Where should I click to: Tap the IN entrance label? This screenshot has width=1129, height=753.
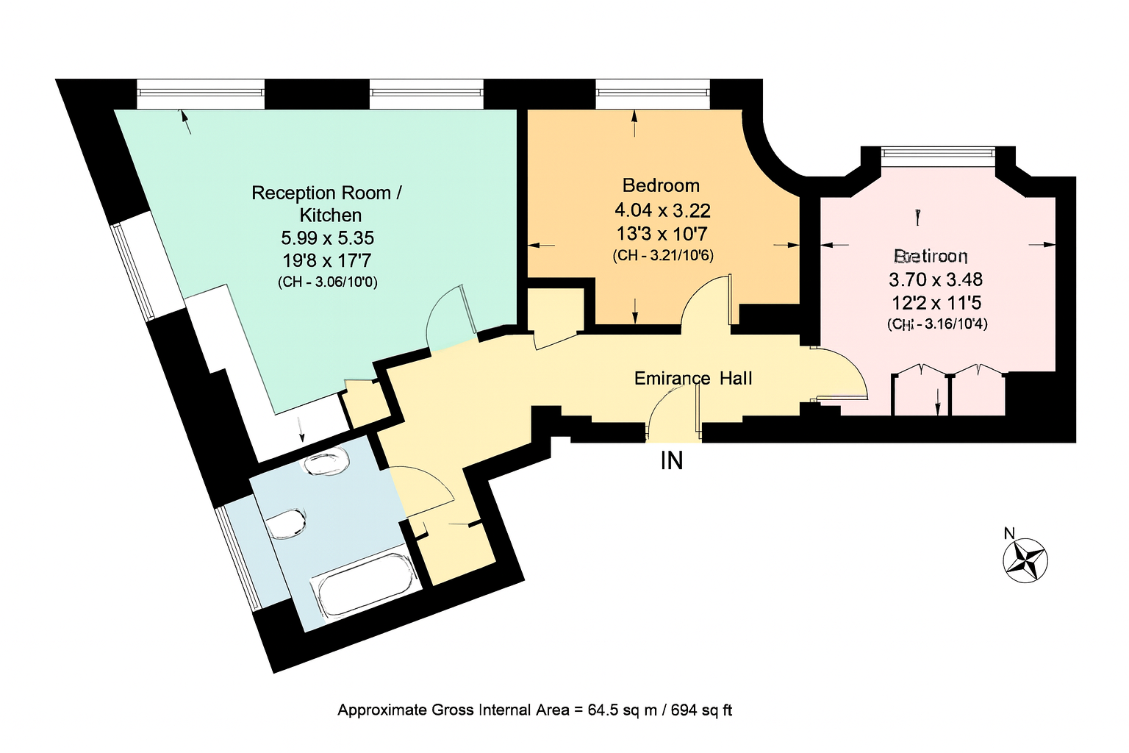672,460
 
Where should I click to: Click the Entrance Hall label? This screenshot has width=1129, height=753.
693,378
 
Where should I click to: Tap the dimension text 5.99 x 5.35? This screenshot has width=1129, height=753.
328,238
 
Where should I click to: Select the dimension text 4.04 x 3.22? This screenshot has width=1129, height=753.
662,211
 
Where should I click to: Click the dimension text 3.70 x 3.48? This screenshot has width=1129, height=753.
936,279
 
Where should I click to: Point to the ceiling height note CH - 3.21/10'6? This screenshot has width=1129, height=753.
662,255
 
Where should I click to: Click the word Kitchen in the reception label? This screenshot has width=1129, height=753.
331,215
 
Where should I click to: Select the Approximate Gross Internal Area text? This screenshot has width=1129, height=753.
534,710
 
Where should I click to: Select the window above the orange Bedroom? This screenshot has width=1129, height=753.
652,92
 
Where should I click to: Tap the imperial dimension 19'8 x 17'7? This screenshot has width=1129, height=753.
328,260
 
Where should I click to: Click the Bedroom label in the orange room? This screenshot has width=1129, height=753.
661,185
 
